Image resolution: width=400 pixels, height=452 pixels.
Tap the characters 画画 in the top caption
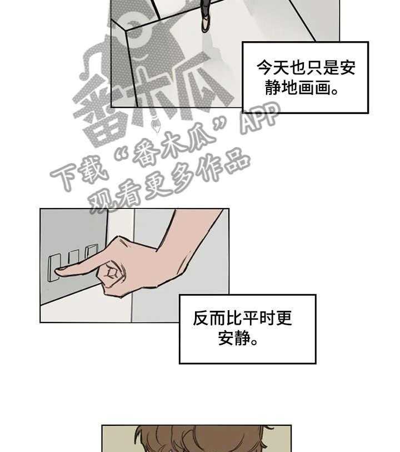click(x=314, y=88)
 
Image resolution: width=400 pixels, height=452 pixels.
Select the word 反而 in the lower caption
click(x=209, y=318)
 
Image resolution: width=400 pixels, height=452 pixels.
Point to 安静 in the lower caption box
click(x=234, y=337)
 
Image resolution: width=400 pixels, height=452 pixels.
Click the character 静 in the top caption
click(x=273, y=88)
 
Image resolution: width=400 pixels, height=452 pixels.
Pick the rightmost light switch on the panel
click(x=92, y=251)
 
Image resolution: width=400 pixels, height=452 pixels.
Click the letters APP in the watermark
click(x=260, y=118)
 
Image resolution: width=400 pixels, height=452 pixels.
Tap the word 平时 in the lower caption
click(x=259, y=318)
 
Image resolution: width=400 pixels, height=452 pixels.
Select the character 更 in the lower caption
click(x=284, y=318)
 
